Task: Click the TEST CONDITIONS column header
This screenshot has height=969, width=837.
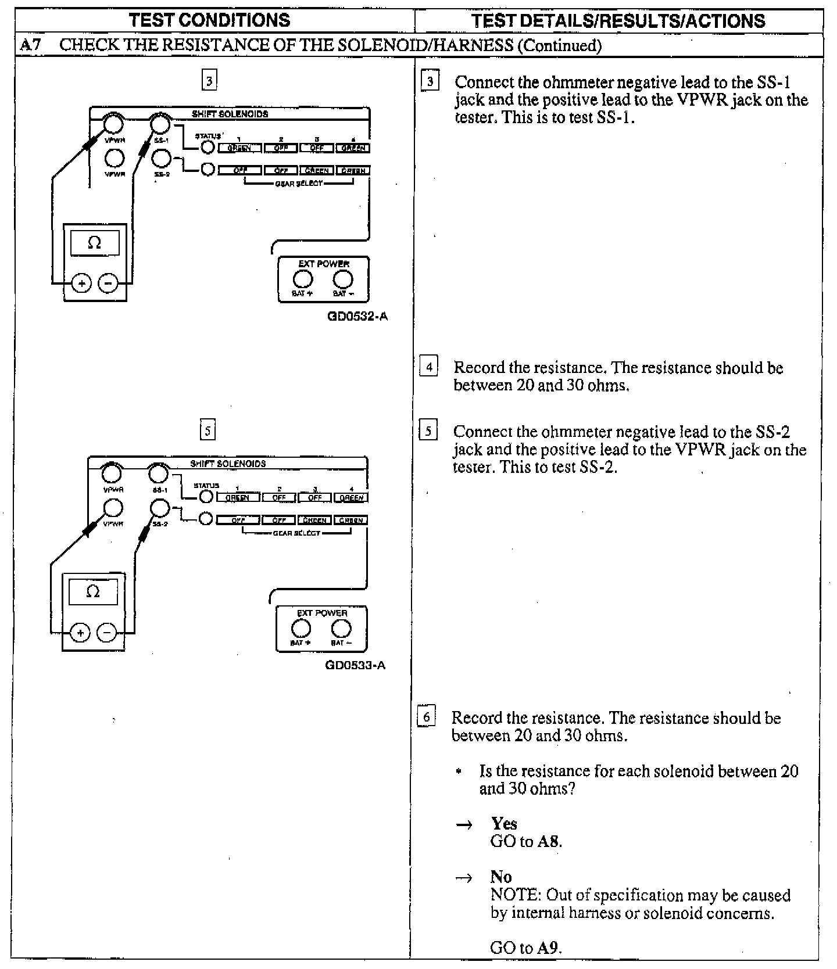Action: [209, 20]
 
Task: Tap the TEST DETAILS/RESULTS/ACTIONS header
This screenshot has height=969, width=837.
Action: [618, 21]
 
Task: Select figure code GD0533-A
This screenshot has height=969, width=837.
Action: [355, 665]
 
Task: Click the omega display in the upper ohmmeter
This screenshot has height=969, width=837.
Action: [95, 243]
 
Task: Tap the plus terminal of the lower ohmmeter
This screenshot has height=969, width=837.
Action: [80, 632]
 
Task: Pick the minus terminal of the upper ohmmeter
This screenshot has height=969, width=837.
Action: [108, 283]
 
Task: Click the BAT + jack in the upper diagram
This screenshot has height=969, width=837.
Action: [302, 280]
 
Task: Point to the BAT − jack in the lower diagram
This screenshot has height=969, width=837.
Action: [341, 629]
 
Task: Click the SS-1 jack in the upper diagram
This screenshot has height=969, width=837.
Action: [160, 124]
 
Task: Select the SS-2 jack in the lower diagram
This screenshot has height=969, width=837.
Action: [159, 509]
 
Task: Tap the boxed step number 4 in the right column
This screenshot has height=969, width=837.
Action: [429, 367]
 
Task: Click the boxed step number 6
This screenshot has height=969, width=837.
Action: [426, 717]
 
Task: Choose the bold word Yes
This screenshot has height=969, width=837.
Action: [504, 823]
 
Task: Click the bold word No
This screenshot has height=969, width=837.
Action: [500, 876]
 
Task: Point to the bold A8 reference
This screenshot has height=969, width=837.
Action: [549, 841]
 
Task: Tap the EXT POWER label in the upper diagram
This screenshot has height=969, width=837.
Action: [323, 264]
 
